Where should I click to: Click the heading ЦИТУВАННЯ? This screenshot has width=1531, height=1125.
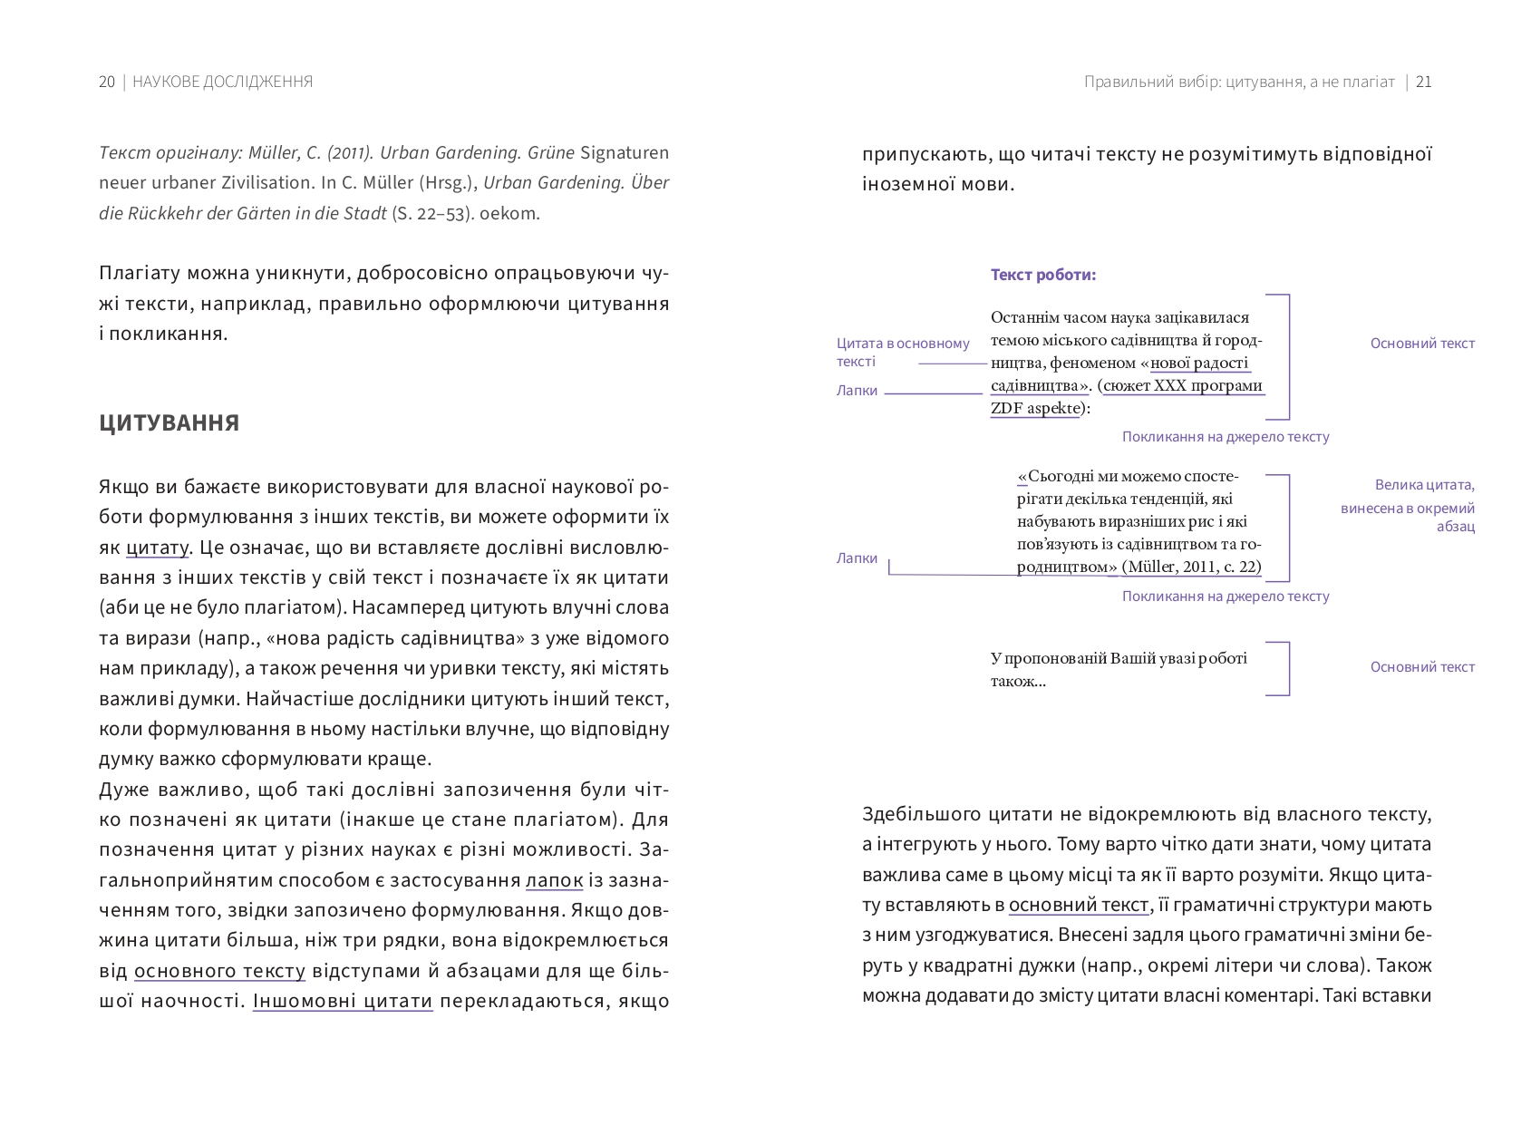(169, 423)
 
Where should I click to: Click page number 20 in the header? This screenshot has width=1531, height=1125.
(107, 82)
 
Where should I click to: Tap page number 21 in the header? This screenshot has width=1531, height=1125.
(1423, 82)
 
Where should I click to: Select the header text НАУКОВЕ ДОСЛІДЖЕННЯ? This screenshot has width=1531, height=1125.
(222, 82)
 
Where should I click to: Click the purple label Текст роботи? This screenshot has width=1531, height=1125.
(1043, 275)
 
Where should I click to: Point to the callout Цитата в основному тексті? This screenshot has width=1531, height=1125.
(902, 352)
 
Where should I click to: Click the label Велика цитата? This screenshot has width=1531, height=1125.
(1424, 485)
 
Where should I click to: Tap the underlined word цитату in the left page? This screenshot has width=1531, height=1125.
(157, 548)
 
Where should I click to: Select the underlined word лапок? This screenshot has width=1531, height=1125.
(554, 880)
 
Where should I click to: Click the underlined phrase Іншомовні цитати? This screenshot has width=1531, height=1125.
(343, 1002)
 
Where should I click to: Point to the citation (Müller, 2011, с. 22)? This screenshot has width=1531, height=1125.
(1191, 567)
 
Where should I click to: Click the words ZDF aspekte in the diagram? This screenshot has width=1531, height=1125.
(1036, 408)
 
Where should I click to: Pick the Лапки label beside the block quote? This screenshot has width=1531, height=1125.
(857, 558)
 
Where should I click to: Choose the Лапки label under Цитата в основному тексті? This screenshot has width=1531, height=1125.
(857, 391)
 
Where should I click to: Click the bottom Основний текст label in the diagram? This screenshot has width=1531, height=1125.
(1422, 667)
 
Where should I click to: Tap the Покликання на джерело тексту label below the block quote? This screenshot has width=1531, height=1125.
(1226, 596)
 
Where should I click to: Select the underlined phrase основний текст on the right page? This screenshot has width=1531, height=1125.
(1079, 905)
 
